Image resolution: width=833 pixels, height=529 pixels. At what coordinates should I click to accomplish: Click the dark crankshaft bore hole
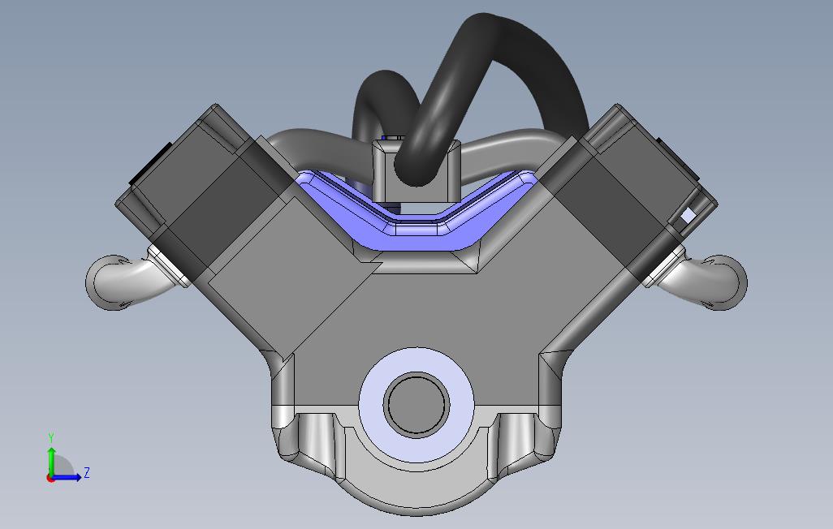coord(416,404)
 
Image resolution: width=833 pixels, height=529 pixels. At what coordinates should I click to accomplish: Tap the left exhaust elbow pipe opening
coord(104,281)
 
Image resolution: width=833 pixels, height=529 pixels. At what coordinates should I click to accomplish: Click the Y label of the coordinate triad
coord(51,438)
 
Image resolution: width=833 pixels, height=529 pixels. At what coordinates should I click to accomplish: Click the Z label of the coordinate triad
coord(87,472)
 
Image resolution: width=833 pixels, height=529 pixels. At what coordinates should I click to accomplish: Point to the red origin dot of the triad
coord(50,478)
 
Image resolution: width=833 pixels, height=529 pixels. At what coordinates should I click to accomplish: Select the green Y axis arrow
coord(51,458)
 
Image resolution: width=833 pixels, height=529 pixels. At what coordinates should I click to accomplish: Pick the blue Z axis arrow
coord(68,477)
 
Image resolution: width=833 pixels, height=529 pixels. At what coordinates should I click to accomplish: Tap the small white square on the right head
coord(688,215)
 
